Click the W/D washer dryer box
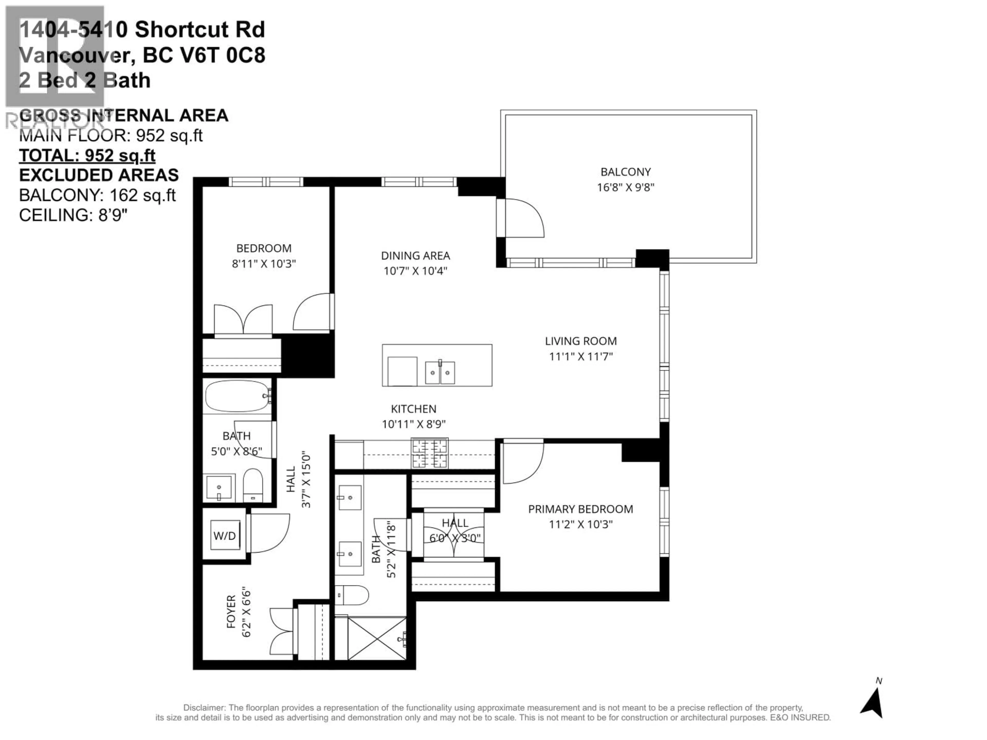click(224, 536)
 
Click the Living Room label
click(581, 341)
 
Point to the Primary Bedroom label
click(580, 509)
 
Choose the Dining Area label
click(415, 256)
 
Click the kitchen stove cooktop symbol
click(429, 453)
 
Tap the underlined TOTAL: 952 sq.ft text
click(87, 156)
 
